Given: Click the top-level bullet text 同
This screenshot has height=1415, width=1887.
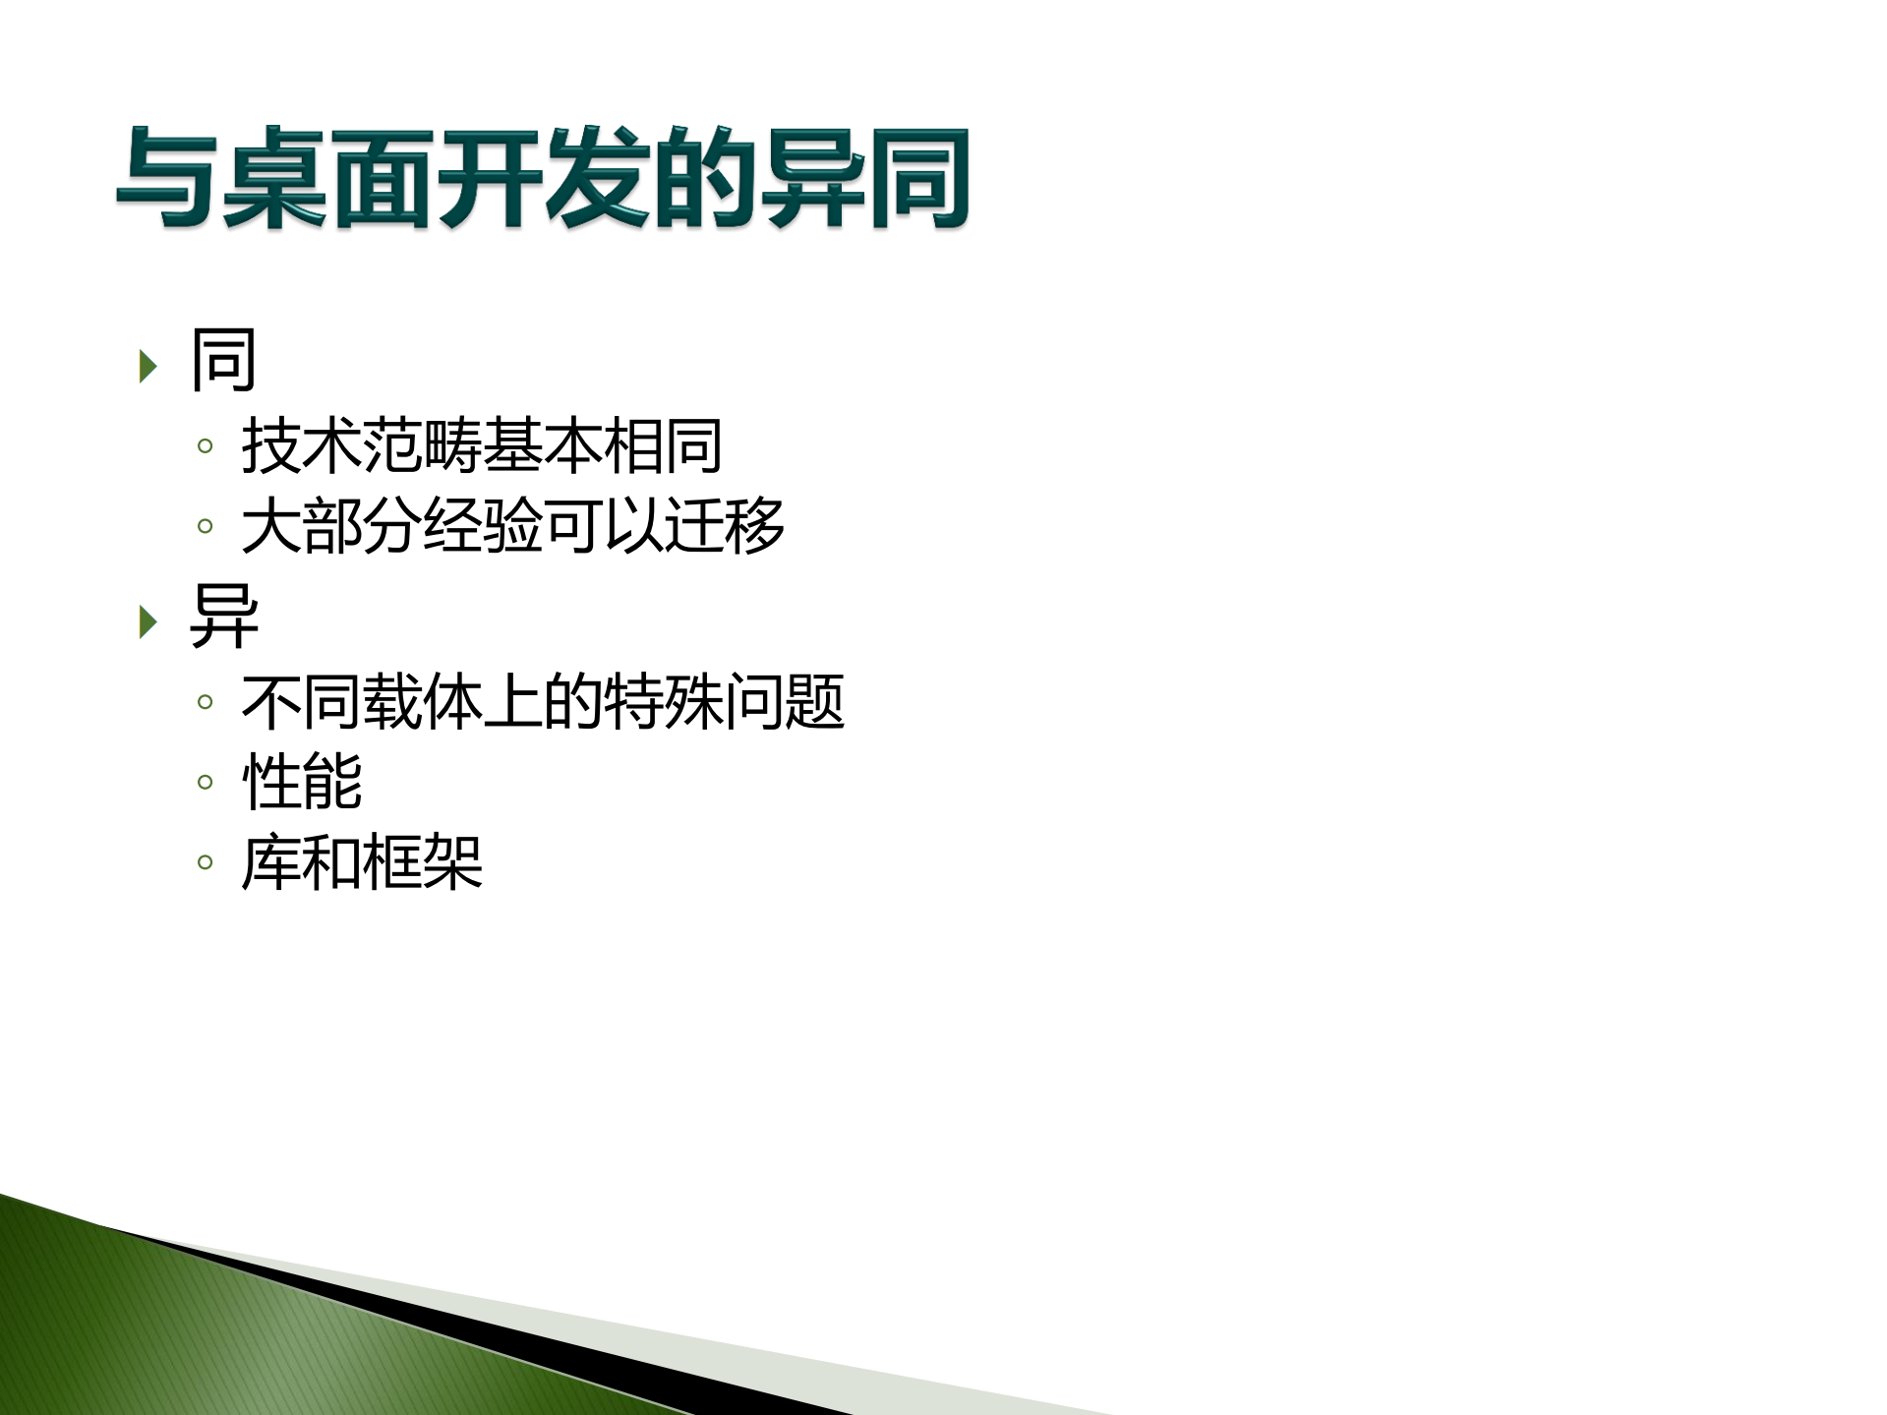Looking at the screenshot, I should click(223, 361).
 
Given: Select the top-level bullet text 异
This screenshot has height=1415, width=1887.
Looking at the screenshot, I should click(223, 617).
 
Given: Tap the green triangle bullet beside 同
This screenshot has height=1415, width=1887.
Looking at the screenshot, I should click(148, 366).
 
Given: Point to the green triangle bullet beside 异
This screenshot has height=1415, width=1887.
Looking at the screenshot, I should click(148, 621).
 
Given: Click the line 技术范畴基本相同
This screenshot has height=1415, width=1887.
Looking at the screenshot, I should click(482, 445).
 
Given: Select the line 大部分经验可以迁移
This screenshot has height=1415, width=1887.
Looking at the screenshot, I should click(512, 525).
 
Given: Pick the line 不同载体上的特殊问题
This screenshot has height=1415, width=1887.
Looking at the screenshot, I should click(543, 702).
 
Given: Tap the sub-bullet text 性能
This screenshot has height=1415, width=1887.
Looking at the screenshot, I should click(302, 782).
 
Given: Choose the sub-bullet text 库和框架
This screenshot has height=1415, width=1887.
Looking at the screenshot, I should click(362, 862).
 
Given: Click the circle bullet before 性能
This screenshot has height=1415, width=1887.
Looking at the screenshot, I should click(205, 783).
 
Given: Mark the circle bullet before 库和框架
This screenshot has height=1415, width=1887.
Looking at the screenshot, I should click(205, 863).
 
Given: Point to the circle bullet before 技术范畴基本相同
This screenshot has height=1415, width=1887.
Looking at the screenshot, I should click(205, 446).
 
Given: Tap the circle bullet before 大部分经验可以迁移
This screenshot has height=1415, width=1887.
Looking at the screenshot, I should click(205, 526).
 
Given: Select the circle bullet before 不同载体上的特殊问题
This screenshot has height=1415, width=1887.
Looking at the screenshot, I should click(205, 702).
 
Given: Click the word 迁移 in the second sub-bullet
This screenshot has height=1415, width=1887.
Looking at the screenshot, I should click(725, 525).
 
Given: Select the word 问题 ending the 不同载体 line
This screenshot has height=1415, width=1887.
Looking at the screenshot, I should click(785, 702).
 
